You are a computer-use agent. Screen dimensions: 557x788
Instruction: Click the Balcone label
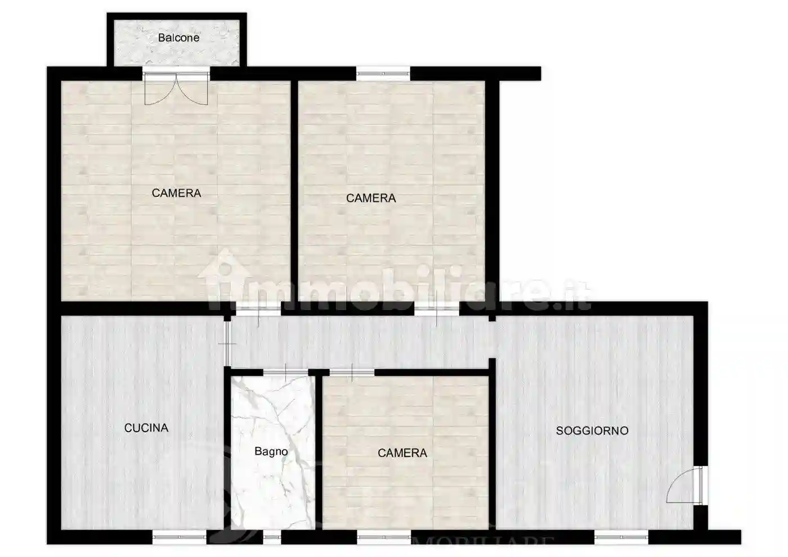point(178,38)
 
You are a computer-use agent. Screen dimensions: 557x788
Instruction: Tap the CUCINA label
point(146,428)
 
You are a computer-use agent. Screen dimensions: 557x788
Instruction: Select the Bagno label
point(271,451)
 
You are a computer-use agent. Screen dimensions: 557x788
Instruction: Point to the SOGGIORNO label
point(592,431)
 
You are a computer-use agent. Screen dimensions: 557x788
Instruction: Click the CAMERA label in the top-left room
point(176,193)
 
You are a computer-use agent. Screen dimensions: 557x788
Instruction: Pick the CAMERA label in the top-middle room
point(371,198)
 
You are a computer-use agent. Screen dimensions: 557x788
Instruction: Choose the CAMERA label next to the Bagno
point(402,453)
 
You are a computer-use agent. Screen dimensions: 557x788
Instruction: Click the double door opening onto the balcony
point(176,87)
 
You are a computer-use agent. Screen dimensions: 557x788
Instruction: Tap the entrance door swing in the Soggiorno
point(682,485)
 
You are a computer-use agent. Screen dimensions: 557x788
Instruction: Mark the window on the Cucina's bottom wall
point(180,537)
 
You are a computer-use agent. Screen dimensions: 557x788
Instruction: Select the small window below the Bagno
point(272,537)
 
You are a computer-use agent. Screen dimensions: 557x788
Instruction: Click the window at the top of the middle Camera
point(383,73)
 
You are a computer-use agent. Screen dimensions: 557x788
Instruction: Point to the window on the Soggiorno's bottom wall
point(621,537)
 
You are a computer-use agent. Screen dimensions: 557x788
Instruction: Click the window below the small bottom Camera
point(384,537)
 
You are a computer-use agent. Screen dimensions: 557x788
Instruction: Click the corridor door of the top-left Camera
point(258,308)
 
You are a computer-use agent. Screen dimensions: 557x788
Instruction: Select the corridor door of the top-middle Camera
point(437,308)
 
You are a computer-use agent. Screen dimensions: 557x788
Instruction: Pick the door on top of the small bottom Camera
point(352,372)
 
